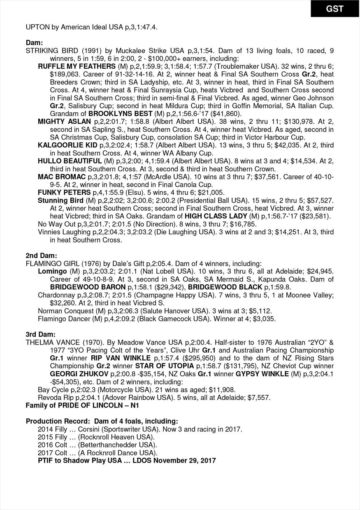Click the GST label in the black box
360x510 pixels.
click(334, 9)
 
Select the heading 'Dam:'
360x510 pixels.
click(34, 43)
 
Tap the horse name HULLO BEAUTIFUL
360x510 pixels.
click(70, 161)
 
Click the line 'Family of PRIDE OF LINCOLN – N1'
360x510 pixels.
click(82, 405)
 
